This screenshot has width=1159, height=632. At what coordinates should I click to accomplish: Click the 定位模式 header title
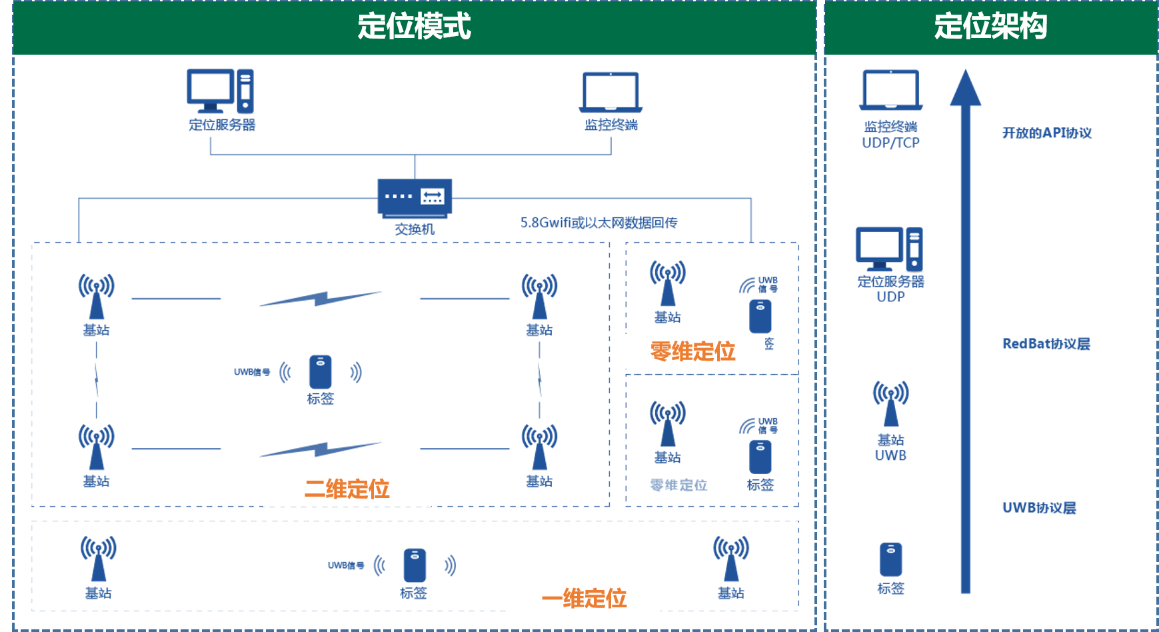click(414, 27)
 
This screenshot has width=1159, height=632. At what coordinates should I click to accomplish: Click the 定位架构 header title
click(990, 27)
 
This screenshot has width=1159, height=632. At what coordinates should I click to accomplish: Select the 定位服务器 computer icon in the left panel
click(220, 91)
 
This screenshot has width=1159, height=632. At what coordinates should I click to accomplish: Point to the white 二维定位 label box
click(347, 489)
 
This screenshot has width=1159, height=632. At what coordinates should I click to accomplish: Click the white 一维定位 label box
click(584, 598)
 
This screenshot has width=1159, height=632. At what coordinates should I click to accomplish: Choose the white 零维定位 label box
click(692, 351)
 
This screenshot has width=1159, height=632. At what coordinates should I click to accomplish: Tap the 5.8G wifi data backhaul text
click(598, 223)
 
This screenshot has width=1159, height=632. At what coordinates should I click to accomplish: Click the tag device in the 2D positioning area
click(320, 372)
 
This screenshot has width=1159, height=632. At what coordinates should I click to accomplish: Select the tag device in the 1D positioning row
click(414, 565)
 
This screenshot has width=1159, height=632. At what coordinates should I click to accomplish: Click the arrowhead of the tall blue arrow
click(965, 88)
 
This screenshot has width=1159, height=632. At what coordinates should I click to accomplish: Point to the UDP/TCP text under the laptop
click(890, 143)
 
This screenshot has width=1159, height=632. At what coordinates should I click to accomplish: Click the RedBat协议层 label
click(1046, 344)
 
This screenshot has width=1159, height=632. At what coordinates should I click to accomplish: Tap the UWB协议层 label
click(1039, 508)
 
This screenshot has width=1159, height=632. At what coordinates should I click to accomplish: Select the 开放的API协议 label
click(1047, 133)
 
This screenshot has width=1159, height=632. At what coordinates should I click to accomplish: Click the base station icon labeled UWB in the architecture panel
click(890, 404)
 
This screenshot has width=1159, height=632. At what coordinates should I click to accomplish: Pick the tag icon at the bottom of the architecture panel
click(890, 559)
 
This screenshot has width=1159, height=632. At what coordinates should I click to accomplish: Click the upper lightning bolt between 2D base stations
click(321, 299)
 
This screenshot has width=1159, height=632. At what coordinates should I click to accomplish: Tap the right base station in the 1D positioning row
click(731, 559)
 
